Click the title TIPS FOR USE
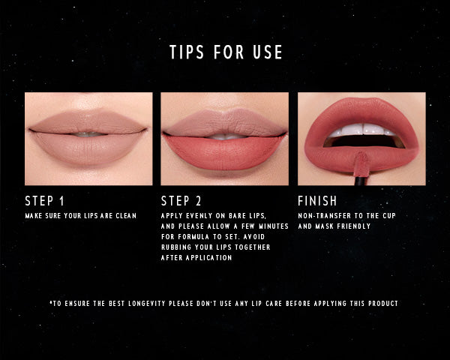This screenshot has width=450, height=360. tap(226, 52)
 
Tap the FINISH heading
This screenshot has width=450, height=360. tap(317, 201)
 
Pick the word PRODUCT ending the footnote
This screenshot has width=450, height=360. tap(381, 304)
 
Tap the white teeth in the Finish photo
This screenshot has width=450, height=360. tap(359, 130)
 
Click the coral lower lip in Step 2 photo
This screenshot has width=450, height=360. tap(225, 153)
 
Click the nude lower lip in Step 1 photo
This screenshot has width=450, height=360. tap(88, 149)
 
